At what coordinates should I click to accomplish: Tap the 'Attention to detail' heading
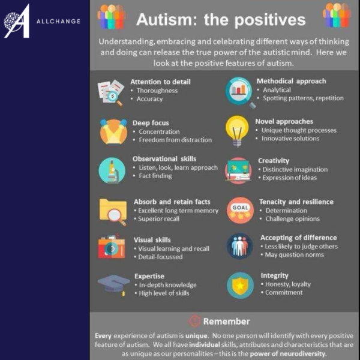pos(160,82)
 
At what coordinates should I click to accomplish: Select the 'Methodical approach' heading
pos(291,81)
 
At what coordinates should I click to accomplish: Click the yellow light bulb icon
pos(237,130)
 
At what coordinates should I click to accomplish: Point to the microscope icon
pos(112,170)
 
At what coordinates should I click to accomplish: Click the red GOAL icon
pos(240,209)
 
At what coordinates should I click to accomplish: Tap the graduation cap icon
pos(113,284)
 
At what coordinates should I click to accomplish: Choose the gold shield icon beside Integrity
pos(240,285)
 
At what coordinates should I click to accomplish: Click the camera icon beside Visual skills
pos(112,247)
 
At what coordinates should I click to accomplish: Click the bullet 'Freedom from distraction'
pos(175,140)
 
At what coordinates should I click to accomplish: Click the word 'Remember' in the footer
pos(226,321)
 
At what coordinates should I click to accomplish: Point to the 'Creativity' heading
pos(274,161)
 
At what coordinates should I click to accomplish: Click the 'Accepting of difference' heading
pos(298,238)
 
